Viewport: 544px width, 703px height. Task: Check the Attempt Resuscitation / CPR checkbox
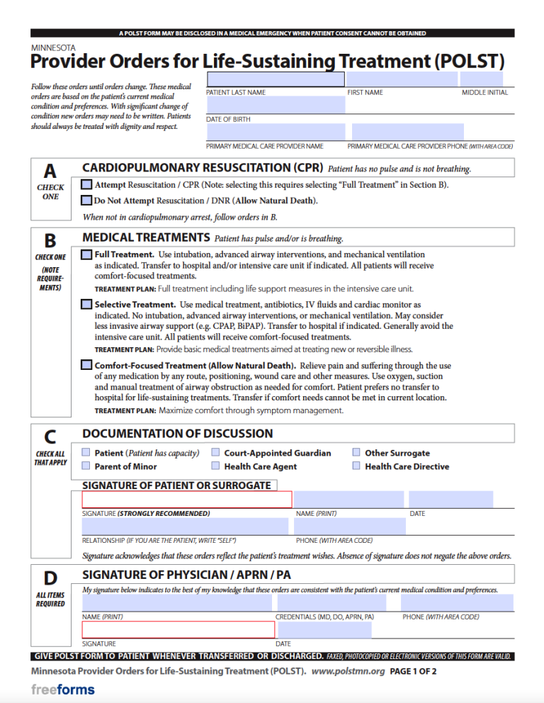pos(86,184)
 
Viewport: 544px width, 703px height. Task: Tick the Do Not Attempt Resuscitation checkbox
pos(86,201)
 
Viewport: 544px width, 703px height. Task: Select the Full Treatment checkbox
pos(86,254)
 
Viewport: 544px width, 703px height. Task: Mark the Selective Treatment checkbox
pos(86,304)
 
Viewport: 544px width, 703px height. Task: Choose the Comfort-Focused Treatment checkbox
pos(86,366)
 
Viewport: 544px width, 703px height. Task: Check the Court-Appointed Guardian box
pos(215,453)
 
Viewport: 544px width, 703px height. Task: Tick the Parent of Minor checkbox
pos(86,466)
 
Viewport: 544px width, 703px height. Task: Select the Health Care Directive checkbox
pos(357,466)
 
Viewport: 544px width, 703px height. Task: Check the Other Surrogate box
pos(357,453)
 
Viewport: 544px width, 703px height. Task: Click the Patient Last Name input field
pos(275,79)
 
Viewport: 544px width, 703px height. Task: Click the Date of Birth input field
pos(275,106)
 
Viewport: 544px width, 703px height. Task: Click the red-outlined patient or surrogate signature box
pos(186,500)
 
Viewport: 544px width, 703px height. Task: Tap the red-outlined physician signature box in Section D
pos(177,630)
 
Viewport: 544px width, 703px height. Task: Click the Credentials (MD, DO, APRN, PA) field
pos(331,603)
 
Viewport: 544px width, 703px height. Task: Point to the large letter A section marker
pos(50,171)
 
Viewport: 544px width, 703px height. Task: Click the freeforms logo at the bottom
pos(62,690)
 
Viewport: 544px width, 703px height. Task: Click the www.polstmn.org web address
pos(347,670)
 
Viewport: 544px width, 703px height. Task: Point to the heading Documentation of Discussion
pos(177,434)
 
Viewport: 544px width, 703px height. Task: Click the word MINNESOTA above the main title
pos(55,48)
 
